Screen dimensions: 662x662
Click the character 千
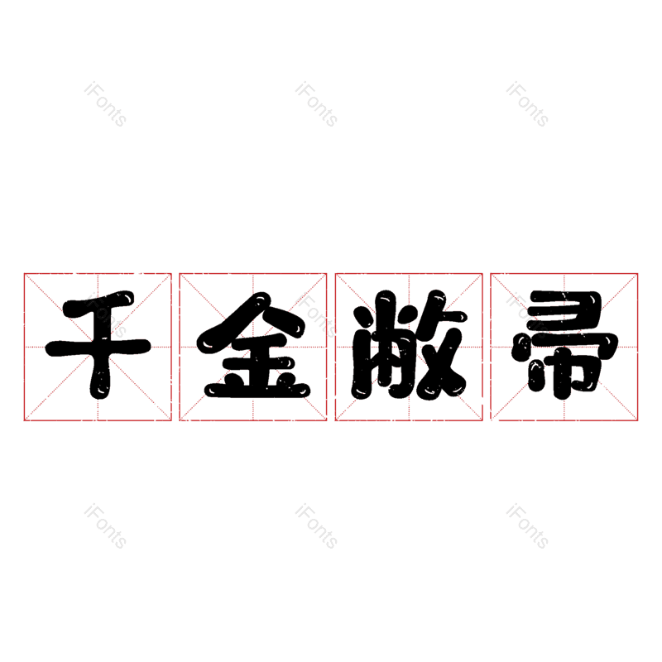(98, 344)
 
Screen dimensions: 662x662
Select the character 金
(253, 345)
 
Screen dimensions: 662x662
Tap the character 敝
(409, 344)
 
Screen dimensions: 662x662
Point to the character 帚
(564, 344)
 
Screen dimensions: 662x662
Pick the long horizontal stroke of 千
(98, 348)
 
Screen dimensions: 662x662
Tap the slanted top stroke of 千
(98, 303)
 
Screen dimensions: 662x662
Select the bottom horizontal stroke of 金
(257, 389)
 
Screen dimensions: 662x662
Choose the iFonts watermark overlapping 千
(106, 315)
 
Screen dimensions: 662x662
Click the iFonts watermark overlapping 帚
(528, 315)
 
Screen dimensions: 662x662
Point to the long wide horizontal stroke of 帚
(565, 343)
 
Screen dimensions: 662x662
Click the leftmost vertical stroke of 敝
(362, 353)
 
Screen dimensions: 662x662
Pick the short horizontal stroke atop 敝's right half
(448, 317)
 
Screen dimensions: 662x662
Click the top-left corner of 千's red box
(24, 274)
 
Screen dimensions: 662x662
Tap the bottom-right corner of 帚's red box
(637, 420)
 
